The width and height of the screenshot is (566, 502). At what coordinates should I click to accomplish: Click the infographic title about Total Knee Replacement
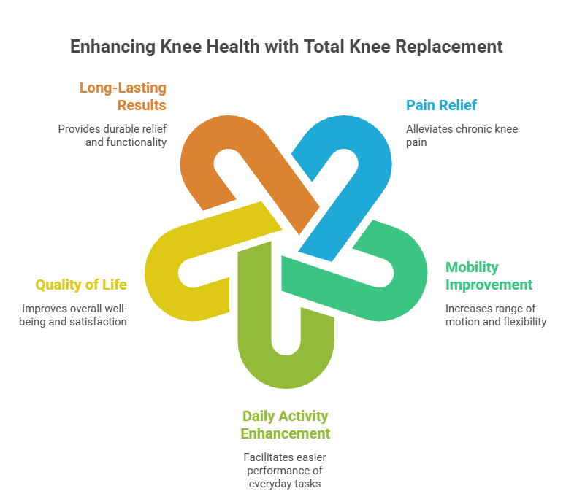pyautogui.click(x=286, y=47)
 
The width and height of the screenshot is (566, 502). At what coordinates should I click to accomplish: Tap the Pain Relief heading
pyautogui.click(x=441, y=105)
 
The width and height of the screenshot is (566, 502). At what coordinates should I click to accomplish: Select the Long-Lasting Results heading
pyautogui.click(x=123, y=96)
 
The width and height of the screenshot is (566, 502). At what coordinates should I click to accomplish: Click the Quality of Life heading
pyautogui.click(x=81, y=285)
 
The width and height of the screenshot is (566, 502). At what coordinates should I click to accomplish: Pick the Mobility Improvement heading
pyautogui.click(x=489, y=276)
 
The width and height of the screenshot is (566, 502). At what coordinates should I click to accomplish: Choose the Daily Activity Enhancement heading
pyautogui.click(x=285, y=425)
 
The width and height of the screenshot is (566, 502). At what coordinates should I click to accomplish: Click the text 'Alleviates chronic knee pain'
pyautogui.click(x=462, y=136)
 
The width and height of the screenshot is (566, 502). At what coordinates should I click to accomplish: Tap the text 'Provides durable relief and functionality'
pyautogui.click(x=112, y=136)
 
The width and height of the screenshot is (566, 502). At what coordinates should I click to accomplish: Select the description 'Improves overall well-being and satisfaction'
pyautogui.click(x=73, y=315)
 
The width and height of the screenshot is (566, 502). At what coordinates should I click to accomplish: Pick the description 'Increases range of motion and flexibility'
pyautogui.click(x=496, y=315)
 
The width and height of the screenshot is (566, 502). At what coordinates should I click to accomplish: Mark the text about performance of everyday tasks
pyautogui.click(x=285, y=471)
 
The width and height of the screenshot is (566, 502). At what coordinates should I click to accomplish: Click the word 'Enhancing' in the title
pyautogui.click(x=112, y=47)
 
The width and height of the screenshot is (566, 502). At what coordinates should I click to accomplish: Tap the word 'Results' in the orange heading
pyautogui.click(x=142, y=105)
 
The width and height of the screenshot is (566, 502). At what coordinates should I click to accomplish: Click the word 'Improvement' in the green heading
pyautogui.click(x=489, y=285)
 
